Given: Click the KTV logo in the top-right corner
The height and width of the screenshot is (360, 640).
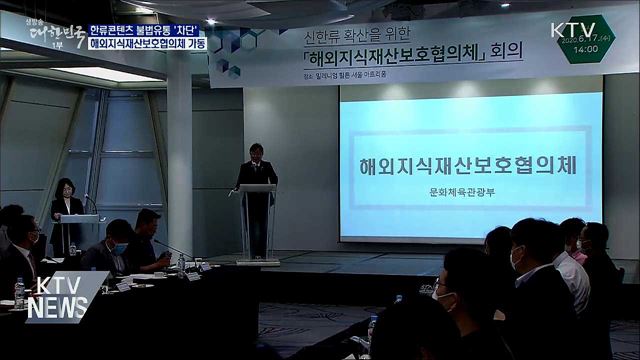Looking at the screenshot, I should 575,29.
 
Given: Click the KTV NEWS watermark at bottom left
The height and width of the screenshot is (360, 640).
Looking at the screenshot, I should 54,297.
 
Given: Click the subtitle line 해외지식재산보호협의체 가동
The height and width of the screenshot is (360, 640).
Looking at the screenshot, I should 148,45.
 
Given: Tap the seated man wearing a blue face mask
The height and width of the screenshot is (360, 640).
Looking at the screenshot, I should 118,246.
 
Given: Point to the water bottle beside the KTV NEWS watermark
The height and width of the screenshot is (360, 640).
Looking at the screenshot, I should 19,293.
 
